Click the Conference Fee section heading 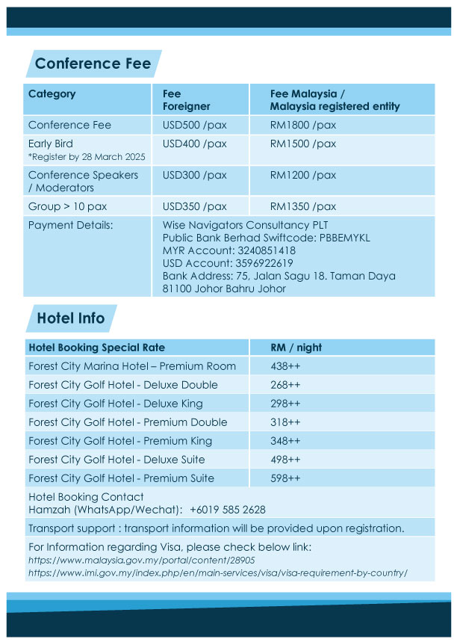point(93,64)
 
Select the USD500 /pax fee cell point(194,125)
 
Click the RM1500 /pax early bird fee point(302,143)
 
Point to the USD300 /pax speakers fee point(194,175)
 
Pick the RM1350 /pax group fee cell point(302,206)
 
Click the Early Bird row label point(51,143)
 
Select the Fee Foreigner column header point(186,100)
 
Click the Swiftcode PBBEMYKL point(344,238)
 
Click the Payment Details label point(70,225)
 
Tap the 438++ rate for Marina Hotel point(285,366)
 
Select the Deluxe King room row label point(105,404)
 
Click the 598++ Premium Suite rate point(285,478)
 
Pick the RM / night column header point(296,348)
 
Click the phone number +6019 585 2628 point(227,510)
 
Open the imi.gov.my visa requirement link point(217,572)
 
